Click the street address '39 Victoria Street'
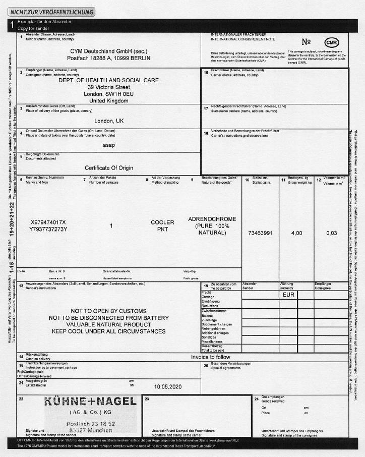tap(108, 87)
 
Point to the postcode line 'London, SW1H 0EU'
tap(108, 94)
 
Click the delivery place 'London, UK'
tap(108, 121)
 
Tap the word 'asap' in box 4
tap(108, 145)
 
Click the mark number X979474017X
tap(48, 222)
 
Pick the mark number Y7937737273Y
tap(48, 230)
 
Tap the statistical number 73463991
tap(261, 233)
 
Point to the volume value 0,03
tap(331, 233)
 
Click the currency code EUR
tap(288, 294)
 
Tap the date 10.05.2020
tap(168, 386)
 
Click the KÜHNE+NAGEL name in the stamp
tap(91, 402)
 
